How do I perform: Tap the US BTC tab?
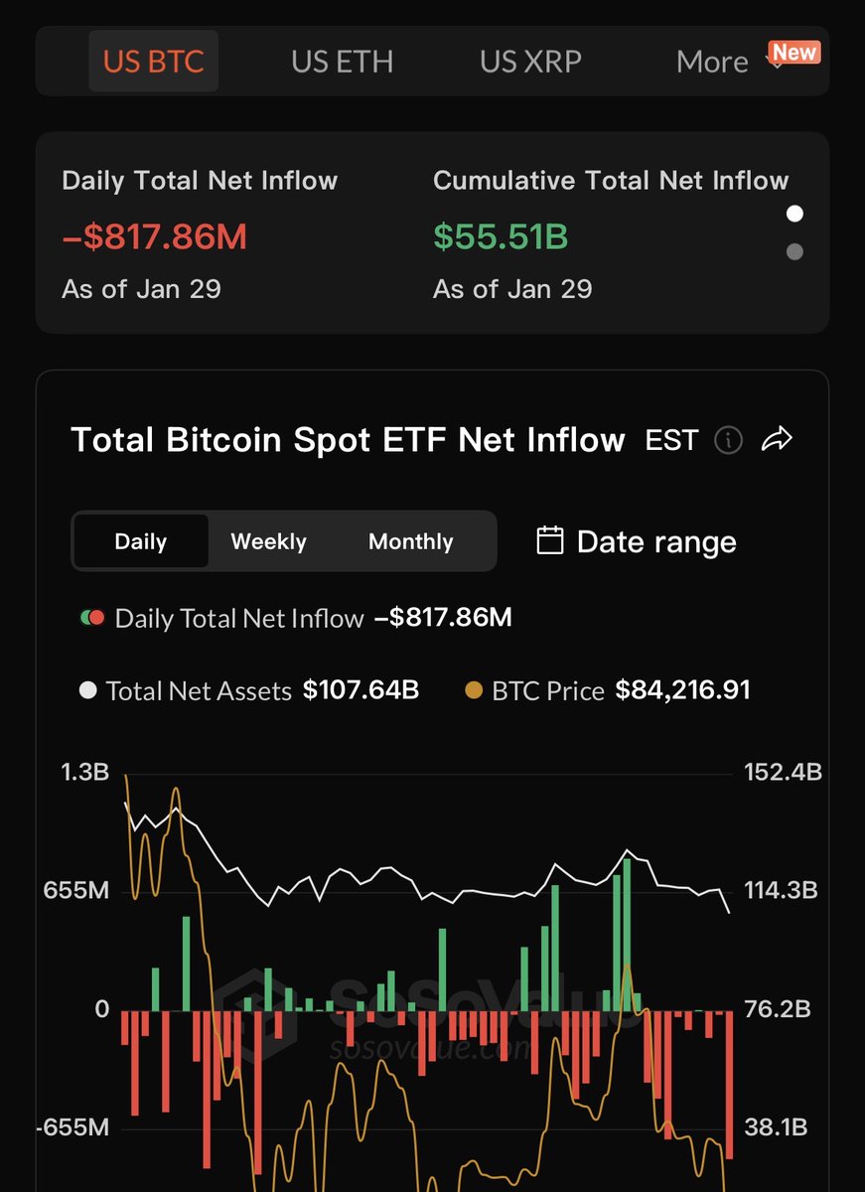tap(153, 62)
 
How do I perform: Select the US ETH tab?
tap(342, 62)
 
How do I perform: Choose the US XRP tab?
tap(530, 62)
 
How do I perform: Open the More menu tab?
tap(712, 62)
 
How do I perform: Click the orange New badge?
tap(794, 52)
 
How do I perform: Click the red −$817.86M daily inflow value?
tap(154, 237)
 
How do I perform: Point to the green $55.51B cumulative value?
tap(501, 237)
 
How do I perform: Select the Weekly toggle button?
tap(268, 541)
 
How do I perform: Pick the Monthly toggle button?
tap(410, 541)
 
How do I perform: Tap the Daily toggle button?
tap(141, 541)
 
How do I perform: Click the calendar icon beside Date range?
tap(549, 540)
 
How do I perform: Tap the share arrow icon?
tap(777, 439)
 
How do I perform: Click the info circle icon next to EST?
tap(728, 439)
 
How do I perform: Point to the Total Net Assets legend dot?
tap(87, 690)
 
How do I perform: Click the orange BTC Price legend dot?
tap(475, 690)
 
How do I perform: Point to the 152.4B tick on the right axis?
tap(783, 772)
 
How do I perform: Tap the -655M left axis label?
tap(74, 1128)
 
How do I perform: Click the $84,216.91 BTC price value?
tap(682, 690)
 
